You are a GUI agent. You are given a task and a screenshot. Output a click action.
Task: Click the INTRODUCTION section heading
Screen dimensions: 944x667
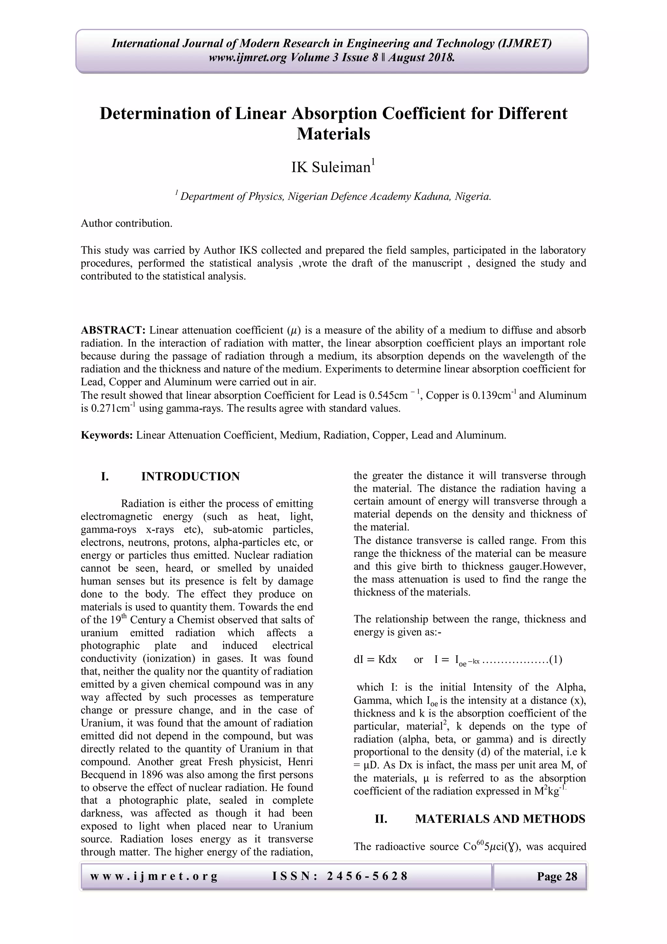point(190,476)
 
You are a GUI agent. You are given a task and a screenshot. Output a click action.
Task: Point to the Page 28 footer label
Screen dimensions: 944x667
point(557,876)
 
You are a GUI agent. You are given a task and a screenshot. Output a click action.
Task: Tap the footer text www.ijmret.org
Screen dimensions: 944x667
point(154,876)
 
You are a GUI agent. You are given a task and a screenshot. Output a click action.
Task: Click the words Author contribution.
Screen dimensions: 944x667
point(126,223)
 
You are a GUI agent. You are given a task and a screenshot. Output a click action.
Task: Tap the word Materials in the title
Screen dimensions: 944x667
point(333,134)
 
